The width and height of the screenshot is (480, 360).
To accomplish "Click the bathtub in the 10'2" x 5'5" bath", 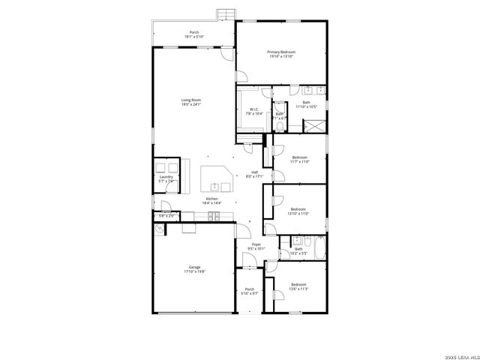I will tap(317, 249).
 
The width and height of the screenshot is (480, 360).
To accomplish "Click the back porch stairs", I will tap(225, 14).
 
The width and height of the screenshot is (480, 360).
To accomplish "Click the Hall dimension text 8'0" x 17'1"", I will tap(255, 177).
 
